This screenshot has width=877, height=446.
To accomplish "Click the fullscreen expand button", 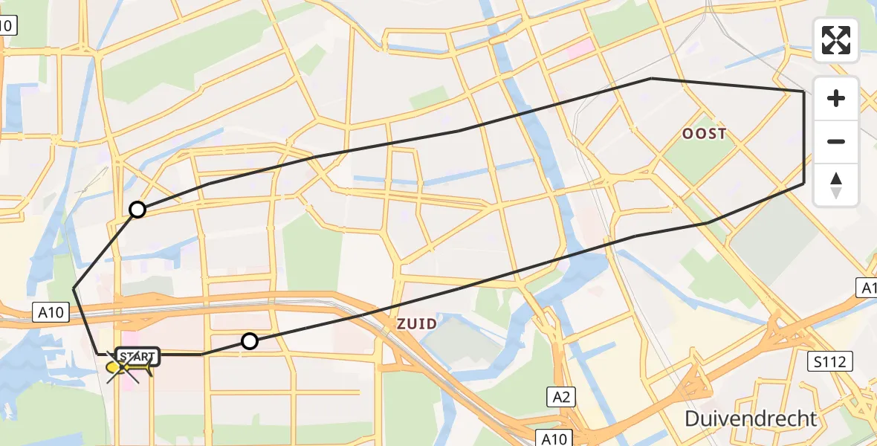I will [x=836, y=40].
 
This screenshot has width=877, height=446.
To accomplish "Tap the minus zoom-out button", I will [x=836, y=141].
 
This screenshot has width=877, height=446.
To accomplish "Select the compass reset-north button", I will [x=836, y=185].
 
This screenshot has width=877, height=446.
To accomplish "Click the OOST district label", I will [x=705, y=134].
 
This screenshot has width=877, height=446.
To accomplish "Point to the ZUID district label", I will [x=416, y=324].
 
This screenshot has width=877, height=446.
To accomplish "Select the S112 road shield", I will [x=830, y=362].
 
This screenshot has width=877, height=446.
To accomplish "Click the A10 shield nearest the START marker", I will [x=51, y=314].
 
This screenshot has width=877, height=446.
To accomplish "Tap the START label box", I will [x=137, y=356].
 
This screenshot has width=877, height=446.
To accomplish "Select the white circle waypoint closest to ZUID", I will [x=250, y=341].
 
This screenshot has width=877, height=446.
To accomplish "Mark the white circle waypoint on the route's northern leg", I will [x=137, y=210].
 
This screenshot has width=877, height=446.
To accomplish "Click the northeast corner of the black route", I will [x=804, y=91].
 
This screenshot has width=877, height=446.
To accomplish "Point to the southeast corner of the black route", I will [x=804, y=182].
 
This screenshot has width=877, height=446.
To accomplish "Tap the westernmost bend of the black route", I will [x=74, y=288].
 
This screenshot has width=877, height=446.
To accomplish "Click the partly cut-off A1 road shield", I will [x=868, y=288].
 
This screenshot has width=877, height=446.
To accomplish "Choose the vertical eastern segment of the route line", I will [x=804, y=138].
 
